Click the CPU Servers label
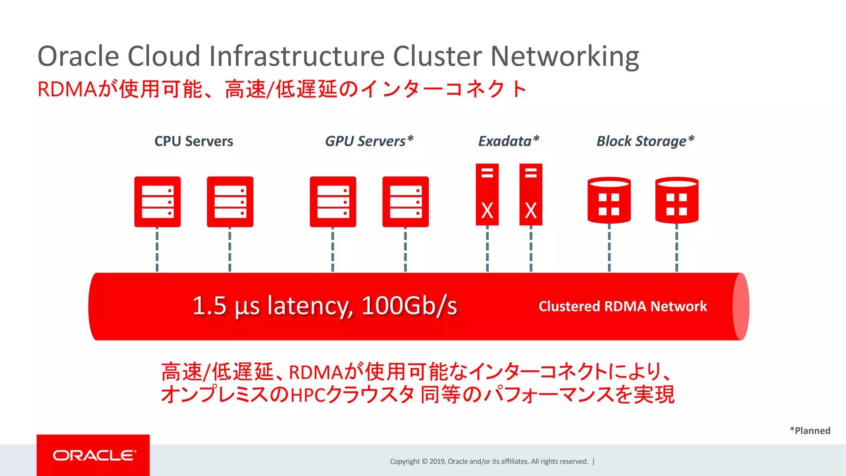click(x=193, y=141)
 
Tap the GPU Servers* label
click(x=369, y=141)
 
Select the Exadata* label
click(x=509, y=141)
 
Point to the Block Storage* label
click(x=645, y=141)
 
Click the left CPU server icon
click(x=157, y=202)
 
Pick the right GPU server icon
click(x=405, y=202)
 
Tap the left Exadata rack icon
click(x=487, y=194)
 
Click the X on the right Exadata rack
click(x=531, y=211)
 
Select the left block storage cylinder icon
click(x=609, y=200)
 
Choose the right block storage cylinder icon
click(x=677, y=200)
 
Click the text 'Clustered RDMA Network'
click(x=623, y=307)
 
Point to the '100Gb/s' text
click(x=409, y=306)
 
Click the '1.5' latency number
click(x=209, y=306)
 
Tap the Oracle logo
click(x=94, y=455)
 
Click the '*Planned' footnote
click(x=810, y=431)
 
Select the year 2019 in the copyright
click(x=437, y=462)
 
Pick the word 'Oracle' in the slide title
click(x=78, y=57)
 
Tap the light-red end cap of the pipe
click(x=741, y=307)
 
